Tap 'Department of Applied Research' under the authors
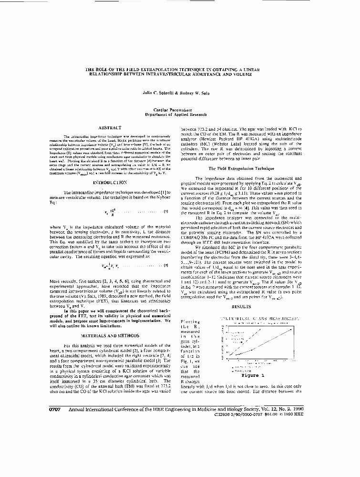[176, 114]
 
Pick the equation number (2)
[166, 265]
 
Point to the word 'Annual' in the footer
[81, 409]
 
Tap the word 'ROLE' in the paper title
[104, 70]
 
